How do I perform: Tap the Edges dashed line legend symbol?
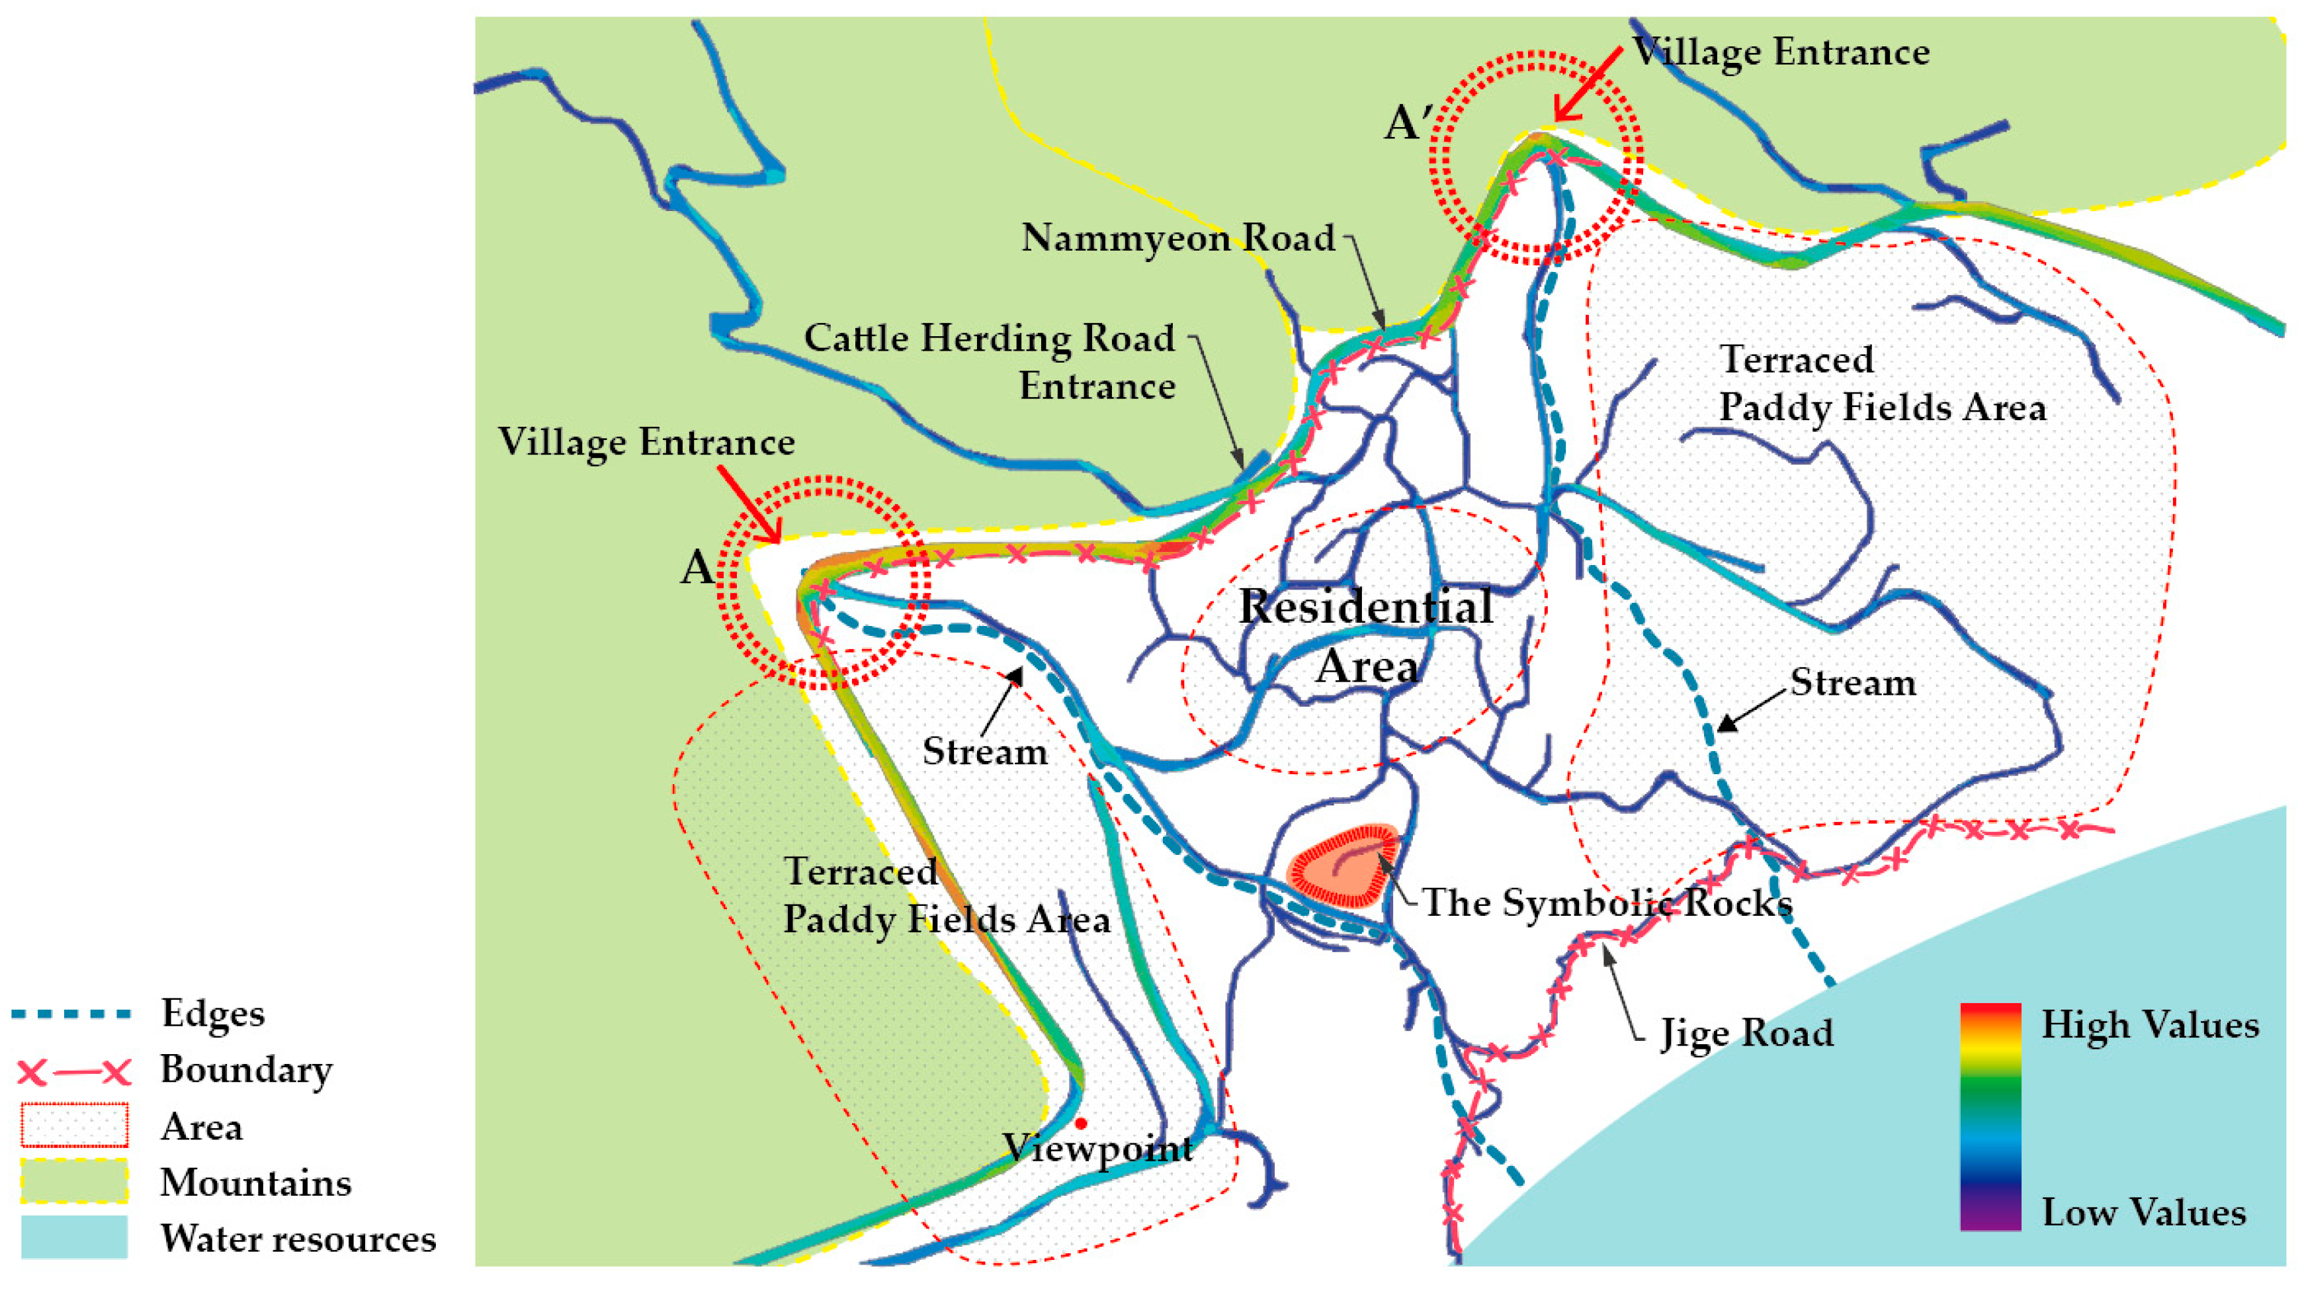coord(71,1014)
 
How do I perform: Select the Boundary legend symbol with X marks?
coord(73,1071)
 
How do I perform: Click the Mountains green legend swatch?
coord(73,1182)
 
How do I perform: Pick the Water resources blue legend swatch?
coord(73,1237)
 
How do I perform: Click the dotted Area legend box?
coord(73,1126)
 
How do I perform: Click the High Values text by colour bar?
coord(2149,1024)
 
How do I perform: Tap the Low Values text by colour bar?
coord(2143,1212)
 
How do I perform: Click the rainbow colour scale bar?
coord(1990,1118)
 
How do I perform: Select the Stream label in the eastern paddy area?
coord(1852,684)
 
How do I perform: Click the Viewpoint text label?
coord(1097,1149)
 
